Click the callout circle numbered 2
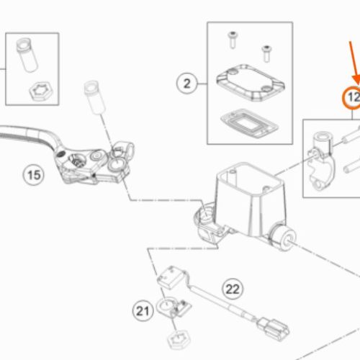coord(187,84)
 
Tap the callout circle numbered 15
coord(34,175)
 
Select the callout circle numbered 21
coord(143,311)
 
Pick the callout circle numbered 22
coord(233,289)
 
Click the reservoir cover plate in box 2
coord(251,83)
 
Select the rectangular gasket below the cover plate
coord(249,123)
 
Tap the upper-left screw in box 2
coord(233,40)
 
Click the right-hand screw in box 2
coord(266,53)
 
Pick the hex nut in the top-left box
coord(41,91)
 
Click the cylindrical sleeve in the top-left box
coord(27,55)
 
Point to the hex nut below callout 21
coord(179,340)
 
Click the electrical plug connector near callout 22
coord(274,328)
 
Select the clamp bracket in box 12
coord(321,161)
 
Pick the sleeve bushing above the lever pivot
coord(94,97)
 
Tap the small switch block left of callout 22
coord(172,278)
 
